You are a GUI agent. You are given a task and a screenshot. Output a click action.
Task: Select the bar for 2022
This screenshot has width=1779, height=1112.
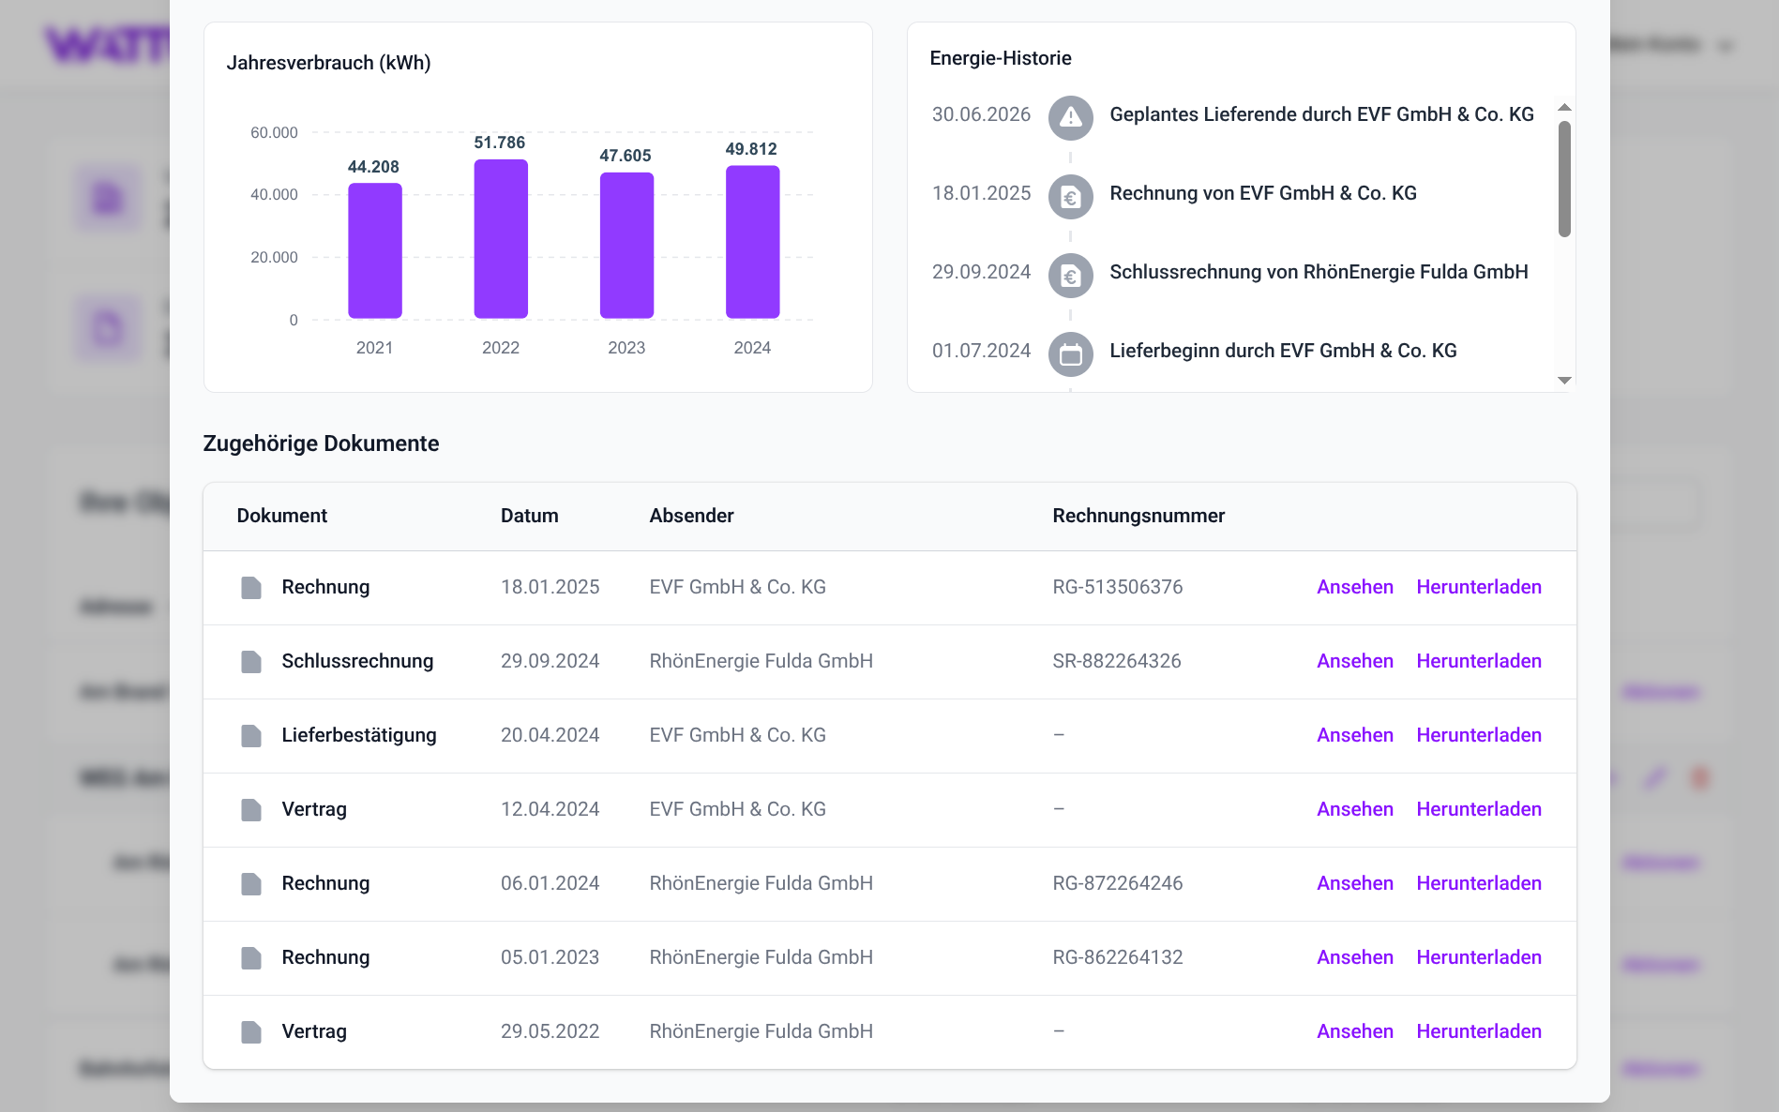501,239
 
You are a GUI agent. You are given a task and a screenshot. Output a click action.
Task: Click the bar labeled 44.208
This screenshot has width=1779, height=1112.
375,250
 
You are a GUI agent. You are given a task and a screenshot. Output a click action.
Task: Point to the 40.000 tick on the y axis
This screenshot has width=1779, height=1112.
274,195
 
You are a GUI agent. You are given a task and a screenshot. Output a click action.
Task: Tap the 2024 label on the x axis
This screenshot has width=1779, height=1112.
752,348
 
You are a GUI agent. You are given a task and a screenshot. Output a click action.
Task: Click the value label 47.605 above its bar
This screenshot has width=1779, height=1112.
626,156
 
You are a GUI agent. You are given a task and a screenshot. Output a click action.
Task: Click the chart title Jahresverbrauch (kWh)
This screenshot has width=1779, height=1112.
328,63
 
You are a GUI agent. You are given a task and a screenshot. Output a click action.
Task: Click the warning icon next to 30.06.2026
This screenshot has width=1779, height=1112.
1070,118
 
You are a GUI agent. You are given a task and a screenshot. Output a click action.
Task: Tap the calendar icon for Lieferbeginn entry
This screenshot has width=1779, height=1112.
1070,354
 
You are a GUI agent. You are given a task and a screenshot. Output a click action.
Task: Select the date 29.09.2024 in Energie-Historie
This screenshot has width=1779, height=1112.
981,272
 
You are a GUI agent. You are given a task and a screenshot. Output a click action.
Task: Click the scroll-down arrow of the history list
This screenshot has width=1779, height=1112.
1564,380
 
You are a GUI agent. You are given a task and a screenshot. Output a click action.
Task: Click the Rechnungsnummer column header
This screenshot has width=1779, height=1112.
1138,516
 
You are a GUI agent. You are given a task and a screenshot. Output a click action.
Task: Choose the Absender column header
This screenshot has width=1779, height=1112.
691,516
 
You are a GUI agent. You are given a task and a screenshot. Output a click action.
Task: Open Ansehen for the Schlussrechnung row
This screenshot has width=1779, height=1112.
1354,661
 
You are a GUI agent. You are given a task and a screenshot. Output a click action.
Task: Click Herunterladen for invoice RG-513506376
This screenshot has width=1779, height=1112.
1478,587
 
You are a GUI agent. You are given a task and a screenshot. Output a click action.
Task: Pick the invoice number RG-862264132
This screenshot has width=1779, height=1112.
1117,957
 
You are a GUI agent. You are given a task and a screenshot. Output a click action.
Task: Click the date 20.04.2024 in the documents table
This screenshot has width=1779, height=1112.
550,735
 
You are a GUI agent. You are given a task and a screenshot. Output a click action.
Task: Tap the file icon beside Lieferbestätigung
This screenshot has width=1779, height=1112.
251,736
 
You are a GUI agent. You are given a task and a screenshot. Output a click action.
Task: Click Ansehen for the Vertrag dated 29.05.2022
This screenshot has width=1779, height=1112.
1354,1031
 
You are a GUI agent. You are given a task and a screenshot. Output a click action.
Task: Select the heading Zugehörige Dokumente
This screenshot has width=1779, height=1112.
321,443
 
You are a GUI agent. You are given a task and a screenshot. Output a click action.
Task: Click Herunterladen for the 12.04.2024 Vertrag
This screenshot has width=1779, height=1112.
1478,809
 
